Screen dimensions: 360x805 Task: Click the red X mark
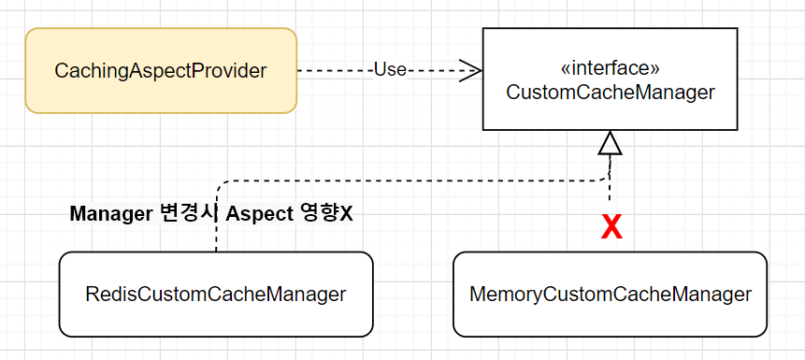(611, 227)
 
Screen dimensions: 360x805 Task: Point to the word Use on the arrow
(390, 70)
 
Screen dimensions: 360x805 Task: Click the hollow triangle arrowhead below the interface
(610, 143)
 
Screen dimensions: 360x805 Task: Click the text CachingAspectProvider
(160, 70)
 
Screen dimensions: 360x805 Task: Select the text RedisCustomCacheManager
(215, 295)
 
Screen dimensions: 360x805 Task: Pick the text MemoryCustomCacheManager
(610, 295)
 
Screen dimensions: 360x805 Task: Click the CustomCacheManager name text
(610, 93)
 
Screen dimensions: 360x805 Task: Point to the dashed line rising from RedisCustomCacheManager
(216, 238)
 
